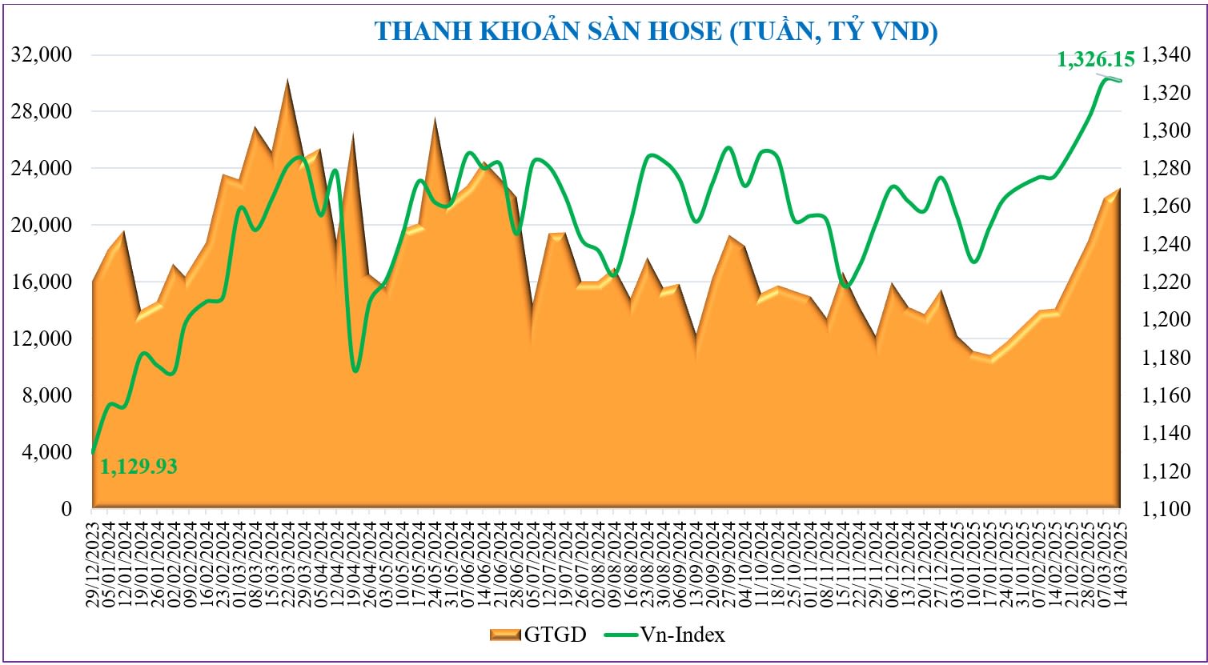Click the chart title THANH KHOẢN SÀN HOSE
656,31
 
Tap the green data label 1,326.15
1096,59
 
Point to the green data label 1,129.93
138,466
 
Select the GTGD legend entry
538,635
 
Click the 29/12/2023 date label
94,560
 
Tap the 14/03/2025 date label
1119,560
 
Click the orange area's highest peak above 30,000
287,80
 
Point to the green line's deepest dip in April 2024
355,371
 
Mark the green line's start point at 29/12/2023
94,452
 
